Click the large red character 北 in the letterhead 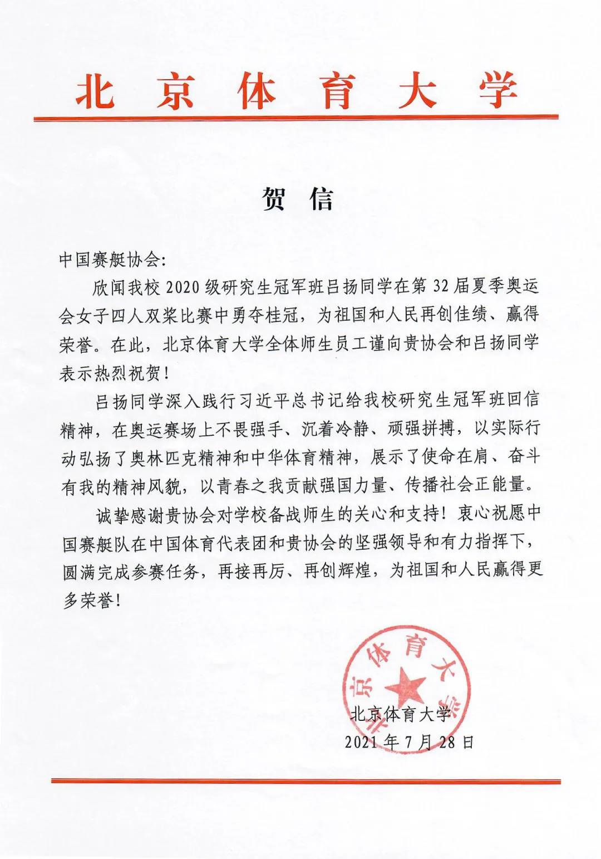(96, 91)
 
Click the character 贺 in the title (275, 199)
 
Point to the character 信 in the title (322, 199)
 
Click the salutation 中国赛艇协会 (109, 260)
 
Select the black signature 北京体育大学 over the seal (400, 714)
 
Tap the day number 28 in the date (447, 742)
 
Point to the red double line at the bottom (306, 781)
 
